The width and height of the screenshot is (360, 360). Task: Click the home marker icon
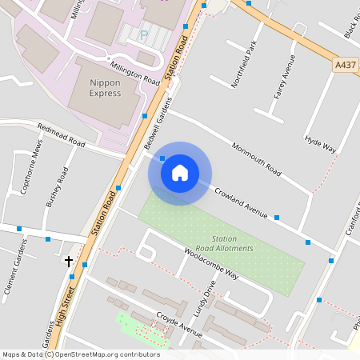(x=180, y=173)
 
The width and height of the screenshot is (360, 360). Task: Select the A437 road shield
(x=346, y=66)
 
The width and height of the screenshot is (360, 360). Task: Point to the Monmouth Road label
(x=257, y=158)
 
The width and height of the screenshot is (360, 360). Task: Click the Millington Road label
(x=136, y=72)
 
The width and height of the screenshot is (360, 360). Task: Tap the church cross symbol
(x=69, y=261)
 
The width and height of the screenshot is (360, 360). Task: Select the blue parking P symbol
(x=145, y=35)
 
